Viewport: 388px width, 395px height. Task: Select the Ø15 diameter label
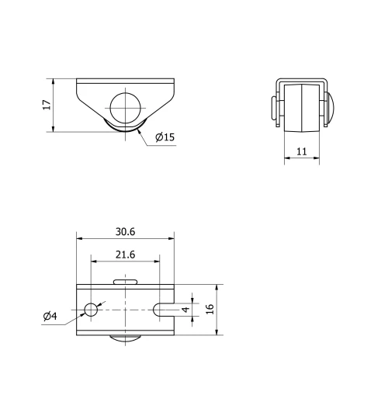(x=165, y=137)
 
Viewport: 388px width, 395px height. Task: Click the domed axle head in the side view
(x=330, y=106)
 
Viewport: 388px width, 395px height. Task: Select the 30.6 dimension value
(x=126, y=231)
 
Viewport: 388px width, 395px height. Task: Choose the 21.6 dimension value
(x=125, y=255)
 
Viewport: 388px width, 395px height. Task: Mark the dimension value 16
(x=210, y=309)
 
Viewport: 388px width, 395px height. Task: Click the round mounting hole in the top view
(x=91, y=310)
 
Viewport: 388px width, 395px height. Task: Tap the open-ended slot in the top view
(x=164, y=310)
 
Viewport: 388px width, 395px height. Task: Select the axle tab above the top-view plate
(x=125, y=281)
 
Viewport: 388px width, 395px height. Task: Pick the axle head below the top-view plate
(x=125, y=338)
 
